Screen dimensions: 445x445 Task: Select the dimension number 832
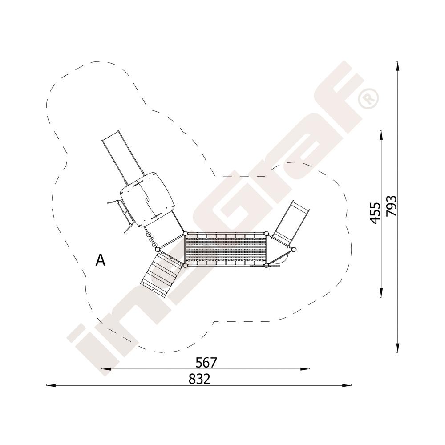click(199, 379)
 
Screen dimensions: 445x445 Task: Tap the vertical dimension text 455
click(376, 213)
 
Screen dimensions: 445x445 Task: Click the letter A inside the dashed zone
click(101, 260)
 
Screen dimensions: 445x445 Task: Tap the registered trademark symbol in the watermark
click(368, 98)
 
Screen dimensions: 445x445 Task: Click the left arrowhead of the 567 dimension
click(106, 369)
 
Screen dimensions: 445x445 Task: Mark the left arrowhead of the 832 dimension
click(51, 385)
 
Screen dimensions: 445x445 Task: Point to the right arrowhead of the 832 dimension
click(348, 385)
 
